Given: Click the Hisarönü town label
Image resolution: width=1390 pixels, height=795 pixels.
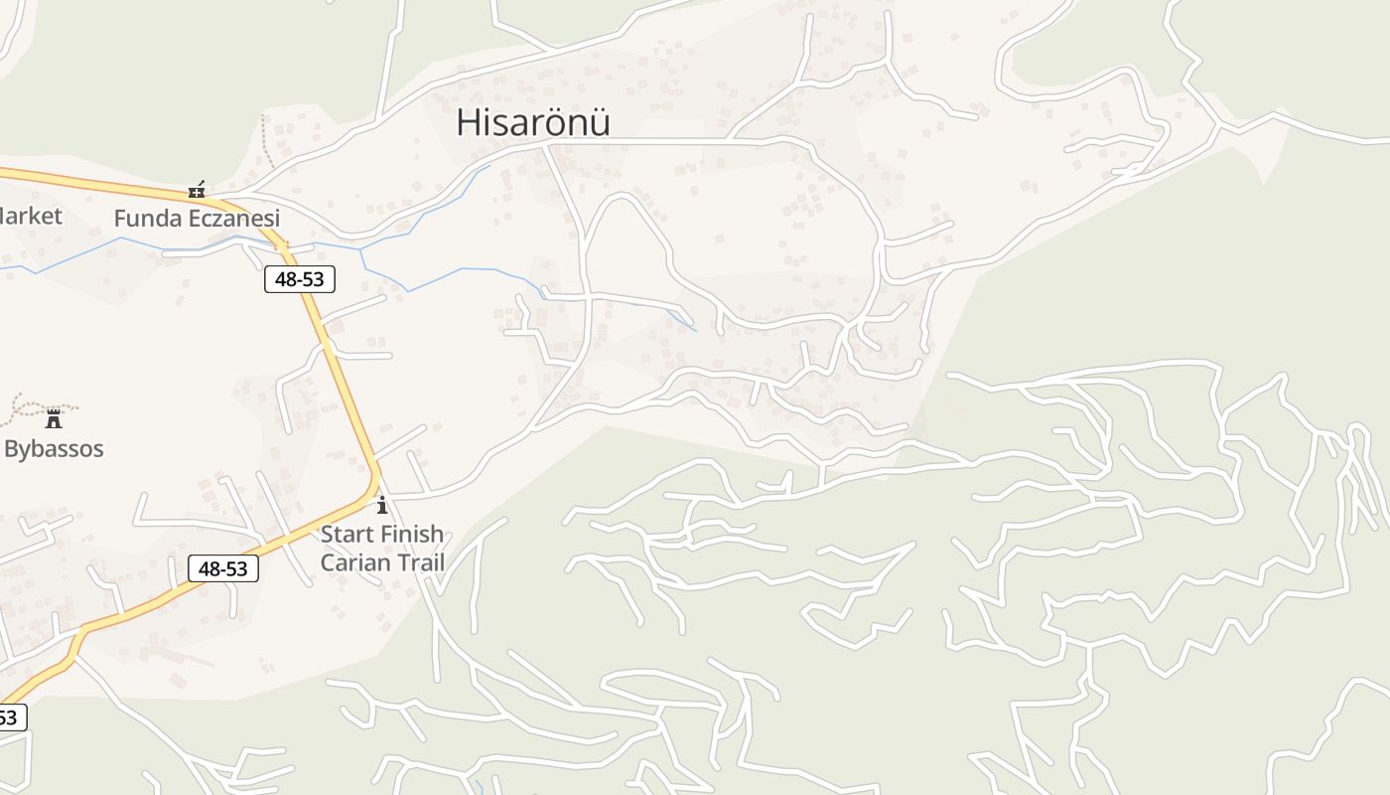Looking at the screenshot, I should pyautogui.click(x=532, y=122).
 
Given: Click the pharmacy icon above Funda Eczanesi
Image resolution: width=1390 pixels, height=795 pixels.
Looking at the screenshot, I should pyautogui.click(x=197, y=189).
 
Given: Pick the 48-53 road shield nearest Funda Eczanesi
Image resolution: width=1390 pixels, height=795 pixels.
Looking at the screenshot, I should pyautogui.click(x=300, y=279).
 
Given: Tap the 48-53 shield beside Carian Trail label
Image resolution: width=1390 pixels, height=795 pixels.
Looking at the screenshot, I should pyautogui.click(x=223, y=568).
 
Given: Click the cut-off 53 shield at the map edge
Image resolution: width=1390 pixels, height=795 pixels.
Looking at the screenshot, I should pyautogui.click(x=11, y=716).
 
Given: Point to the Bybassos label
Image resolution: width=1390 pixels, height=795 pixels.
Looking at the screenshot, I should pyautogui.click(x=54, y=448).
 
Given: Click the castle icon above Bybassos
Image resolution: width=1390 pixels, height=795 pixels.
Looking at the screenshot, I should pyautogui.click(x=54, y=419).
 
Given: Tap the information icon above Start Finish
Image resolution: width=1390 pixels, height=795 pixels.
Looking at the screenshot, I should pyautogui.click(x=382, y=505).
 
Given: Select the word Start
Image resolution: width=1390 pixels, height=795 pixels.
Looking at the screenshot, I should pyautogui.click(x=346, y=535).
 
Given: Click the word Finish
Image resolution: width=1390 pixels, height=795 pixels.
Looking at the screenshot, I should pyautogui.click(x=411, y=535).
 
